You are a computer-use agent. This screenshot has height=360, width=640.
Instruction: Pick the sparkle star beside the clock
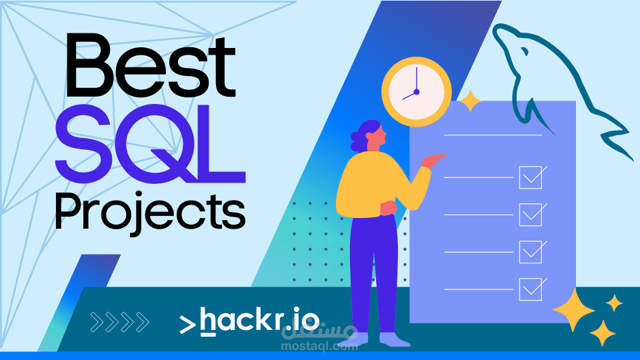tap(471, 101)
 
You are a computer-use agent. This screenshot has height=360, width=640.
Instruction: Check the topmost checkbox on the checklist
tap(531, 177)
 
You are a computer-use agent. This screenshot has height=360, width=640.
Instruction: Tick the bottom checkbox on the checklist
tap(531, 289)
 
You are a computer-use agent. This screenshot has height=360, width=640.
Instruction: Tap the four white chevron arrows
tap(119, 321)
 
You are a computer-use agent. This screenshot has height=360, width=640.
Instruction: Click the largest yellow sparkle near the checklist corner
tap(573, 309)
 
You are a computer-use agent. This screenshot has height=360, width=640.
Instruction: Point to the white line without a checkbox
tap(493, 135)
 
